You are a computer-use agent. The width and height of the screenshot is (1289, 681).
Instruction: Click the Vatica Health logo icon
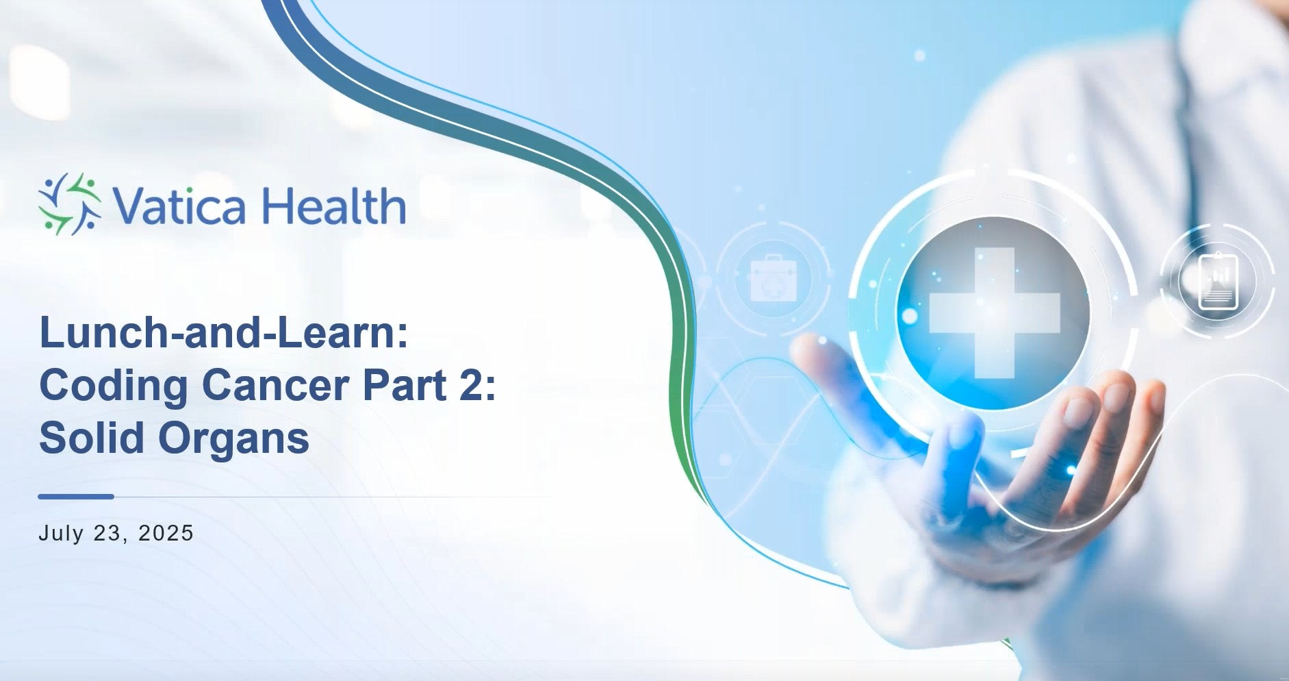(x=70, y=204)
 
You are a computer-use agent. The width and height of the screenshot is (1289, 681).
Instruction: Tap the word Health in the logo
(x=333, y=205)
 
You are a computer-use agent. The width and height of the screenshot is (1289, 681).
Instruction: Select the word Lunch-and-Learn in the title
(x=223, y=332)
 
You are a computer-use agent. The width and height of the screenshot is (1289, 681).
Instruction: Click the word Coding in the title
(x=114, y=386)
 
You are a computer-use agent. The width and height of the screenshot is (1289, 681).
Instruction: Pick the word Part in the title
(x=405, y=385)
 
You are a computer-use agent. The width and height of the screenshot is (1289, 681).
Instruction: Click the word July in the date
(x=61, y=533)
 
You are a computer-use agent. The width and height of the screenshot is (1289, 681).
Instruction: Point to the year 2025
(x=166, y=533)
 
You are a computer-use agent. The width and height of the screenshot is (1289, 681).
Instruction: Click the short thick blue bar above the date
(x=76, y=497)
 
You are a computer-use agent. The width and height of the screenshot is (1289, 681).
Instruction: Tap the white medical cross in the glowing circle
(x=994, y=312)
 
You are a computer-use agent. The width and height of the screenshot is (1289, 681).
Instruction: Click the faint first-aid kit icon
(x=774, y=279)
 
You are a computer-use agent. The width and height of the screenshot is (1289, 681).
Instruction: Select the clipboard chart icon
(x=1218, y=282)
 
